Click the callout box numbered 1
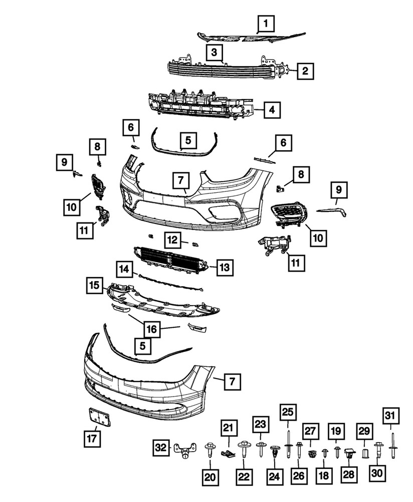[x=266, y=23]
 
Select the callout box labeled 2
[x=305, y=71]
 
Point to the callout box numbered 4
[x=271, y=109]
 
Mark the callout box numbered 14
[x=124, y=270]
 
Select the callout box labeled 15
[x=94, y=285]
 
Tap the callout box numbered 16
[x=152, y=329]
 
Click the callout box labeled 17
[x=92, y=439]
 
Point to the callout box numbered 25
[x=288, y=413]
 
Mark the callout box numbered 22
[x=244, y=478]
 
